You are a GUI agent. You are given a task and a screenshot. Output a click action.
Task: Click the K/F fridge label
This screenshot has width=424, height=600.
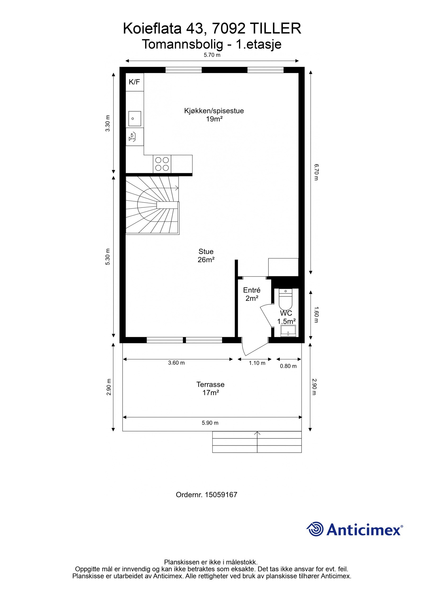(134, 82)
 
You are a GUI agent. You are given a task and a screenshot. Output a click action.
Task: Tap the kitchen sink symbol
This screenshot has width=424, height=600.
(134, 119)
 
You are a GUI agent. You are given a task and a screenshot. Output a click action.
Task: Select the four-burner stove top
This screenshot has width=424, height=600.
(162, 164)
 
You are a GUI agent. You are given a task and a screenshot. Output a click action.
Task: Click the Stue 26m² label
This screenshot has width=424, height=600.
(206, 255)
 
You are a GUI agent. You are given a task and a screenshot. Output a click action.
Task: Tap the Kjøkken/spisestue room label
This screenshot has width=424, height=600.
(214, 111)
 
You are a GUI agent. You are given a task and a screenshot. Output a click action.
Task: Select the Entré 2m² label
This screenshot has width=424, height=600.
(252, 294)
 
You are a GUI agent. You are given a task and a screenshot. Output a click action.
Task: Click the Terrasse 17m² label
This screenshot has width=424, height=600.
(210, 388)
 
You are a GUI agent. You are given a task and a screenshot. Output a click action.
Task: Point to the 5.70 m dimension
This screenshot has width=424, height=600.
(212, 55)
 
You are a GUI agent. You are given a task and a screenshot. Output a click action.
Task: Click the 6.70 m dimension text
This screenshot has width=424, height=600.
(316, 172)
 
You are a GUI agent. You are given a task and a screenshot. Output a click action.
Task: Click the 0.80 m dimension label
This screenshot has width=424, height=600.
(288, 366)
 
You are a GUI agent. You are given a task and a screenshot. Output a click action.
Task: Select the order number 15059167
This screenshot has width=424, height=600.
(221, 495)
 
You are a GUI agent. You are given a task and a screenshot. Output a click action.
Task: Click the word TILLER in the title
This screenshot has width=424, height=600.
(275, 29)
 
